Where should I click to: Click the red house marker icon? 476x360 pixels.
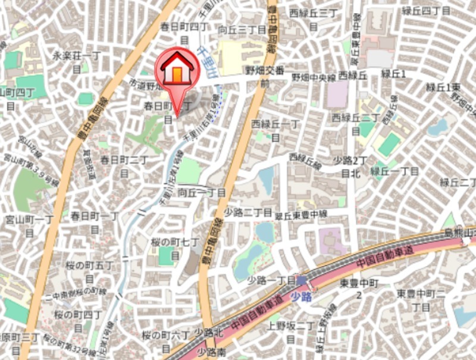(177, 70)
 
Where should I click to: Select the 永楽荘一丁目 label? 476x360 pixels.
(76, 61)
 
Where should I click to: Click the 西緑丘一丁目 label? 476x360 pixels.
(275, 129)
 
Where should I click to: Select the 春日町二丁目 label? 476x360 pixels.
(124, 165)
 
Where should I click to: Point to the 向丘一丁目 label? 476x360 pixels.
(202, 193)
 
